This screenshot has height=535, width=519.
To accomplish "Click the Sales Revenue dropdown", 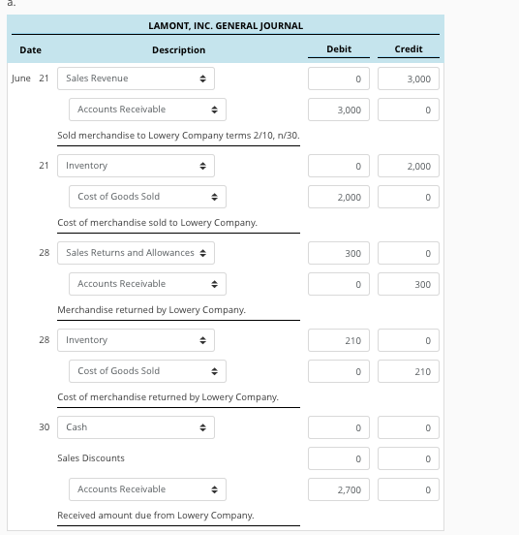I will [x=136, y=78].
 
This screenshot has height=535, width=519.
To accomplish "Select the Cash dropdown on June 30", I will [x=136, y=426].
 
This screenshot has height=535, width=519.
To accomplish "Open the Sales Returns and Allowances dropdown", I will [x=136, y=253].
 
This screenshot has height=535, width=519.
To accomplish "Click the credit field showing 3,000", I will [x=409, y=79].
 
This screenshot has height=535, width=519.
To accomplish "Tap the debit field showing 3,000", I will [x=338, y=110].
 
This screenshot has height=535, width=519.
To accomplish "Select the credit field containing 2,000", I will [x=409, y=167].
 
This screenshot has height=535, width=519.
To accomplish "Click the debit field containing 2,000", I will [x=338, y=197].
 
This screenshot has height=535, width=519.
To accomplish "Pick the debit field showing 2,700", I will [x=338, y=489].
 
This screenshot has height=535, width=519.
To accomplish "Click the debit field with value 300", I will [x=338, y=253].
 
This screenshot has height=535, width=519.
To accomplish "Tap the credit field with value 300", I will [x=409, y=284].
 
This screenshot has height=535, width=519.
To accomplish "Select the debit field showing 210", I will [x=338, y=340].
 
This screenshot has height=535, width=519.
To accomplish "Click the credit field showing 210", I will [x=409, y=371].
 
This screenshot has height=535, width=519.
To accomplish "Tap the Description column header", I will [x=178, y=49].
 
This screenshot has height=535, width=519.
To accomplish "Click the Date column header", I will [x=29, y=49].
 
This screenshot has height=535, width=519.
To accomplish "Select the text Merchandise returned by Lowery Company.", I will [x=151, y=309].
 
